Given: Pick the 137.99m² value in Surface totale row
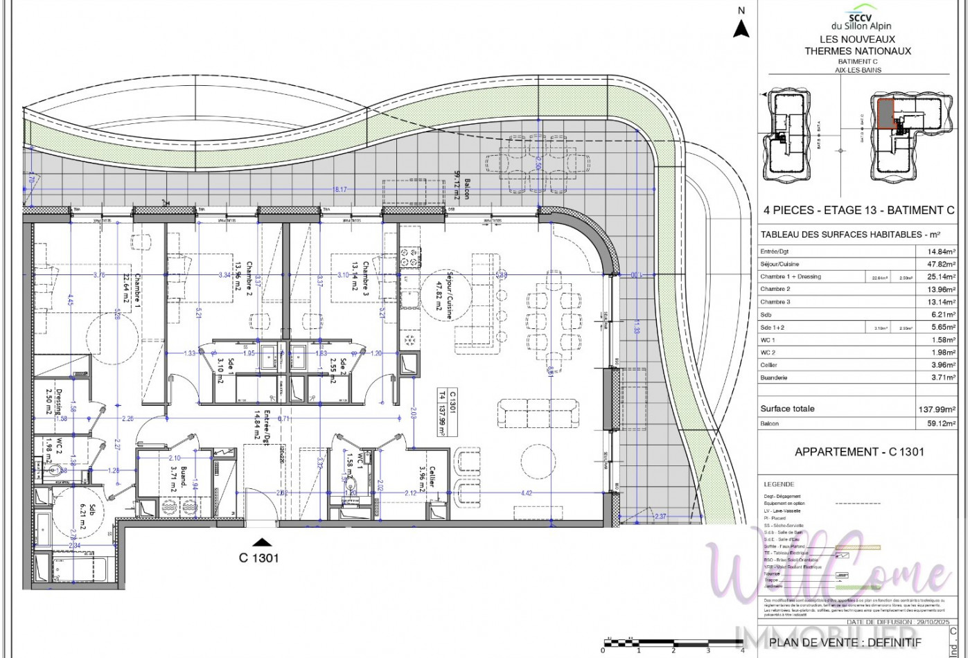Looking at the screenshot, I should tap(937, 409).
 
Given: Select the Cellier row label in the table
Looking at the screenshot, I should tap(769, 365).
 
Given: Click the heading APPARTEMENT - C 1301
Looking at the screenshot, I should tap(859, 452).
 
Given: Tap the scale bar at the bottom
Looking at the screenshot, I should tap(672, 644).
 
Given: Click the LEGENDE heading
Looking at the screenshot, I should tap(779, 484).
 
